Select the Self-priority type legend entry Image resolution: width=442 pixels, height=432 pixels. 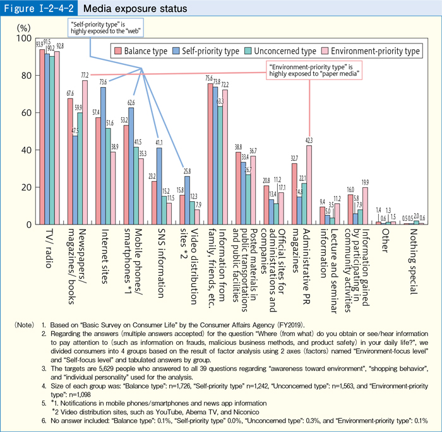click(208, 50)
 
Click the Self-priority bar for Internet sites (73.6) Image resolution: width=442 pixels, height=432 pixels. click(103, 155)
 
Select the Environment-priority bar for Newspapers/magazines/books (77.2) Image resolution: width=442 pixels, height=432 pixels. click(85, 152)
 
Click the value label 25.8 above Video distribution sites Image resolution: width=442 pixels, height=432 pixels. click(187, 171)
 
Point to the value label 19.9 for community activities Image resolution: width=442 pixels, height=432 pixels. click(365, 182)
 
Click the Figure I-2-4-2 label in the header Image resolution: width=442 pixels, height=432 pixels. click(38, 9)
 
